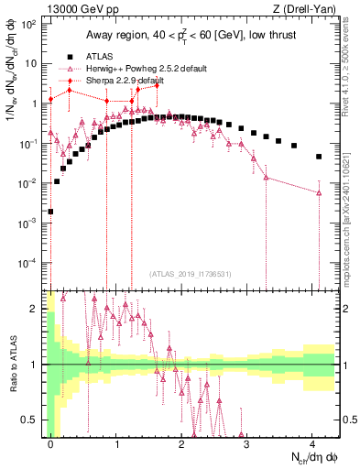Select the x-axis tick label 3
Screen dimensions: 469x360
coord(247,445)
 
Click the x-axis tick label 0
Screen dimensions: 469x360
coord(50,445)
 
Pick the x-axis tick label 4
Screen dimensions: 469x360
coord(312,445)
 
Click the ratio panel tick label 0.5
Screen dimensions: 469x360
coord(31,420)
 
